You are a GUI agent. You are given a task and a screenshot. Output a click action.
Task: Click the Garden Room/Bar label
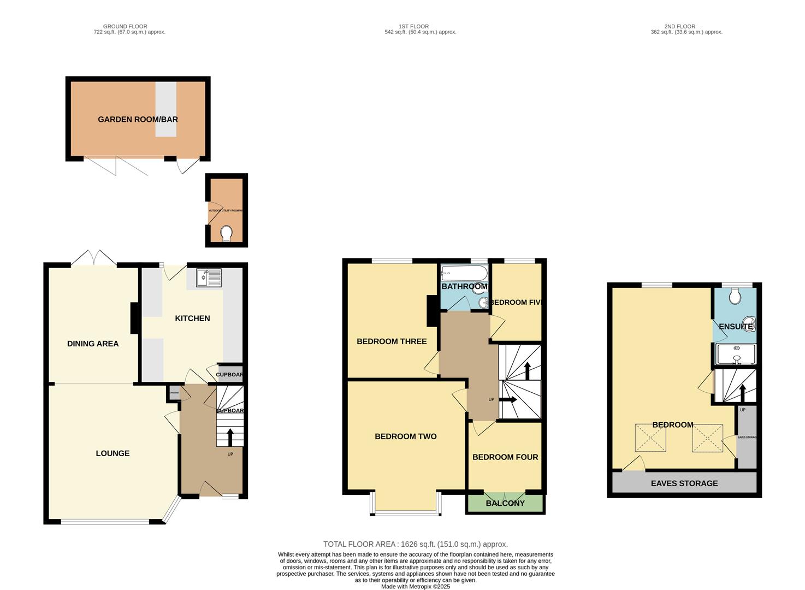pos(138,119)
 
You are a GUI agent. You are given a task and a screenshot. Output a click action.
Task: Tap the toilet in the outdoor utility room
pos(226,233)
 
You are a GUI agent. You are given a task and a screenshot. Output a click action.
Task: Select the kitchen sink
pos(208,278)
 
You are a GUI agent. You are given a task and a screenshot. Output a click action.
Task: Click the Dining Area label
pos(93,344)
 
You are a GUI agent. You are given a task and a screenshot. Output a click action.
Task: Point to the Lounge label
pos(113,453)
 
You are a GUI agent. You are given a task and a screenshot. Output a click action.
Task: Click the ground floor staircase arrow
pos(229,437)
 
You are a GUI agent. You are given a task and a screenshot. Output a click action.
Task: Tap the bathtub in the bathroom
pos(464,273)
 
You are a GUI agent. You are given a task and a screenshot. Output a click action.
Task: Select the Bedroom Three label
pos(392,341)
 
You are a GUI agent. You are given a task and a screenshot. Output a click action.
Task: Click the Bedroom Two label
pos(405,436)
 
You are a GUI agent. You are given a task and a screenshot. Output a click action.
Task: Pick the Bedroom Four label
pos(505,457)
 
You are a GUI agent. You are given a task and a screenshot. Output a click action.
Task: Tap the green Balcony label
pos(505,503)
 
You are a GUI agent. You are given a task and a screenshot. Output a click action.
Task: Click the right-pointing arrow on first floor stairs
pos(508,400)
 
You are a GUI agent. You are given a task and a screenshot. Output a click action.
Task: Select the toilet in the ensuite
pos(735,296)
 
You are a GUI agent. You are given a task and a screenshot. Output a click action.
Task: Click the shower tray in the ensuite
pos(736,354)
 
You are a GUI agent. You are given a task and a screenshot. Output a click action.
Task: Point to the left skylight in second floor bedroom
pos(650,438)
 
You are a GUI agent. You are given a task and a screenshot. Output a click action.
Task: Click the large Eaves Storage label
pos(684,483)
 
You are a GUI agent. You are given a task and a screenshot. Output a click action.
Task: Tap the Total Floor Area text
pos(416,544)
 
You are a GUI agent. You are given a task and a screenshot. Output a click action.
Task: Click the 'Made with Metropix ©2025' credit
pos(416,587)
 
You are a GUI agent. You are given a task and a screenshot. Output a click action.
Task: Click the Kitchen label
pos(192,318)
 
